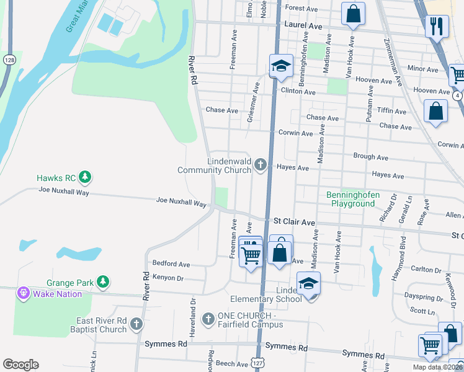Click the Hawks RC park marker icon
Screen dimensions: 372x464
pyautogui.click(x=85, y=178)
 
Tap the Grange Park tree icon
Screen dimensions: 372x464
pyautogui.click(x=102, y=283)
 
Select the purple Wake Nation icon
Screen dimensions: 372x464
pyautogui.click(x=24, y=292)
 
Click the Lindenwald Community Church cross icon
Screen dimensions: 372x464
pyautogui.click(x=261, y=164)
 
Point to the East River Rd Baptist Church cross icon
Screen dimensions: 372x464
pyautogui.click(x=136, y=324)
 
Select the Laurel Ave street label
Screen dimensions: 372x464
pyautogui.click(x=303, y=27)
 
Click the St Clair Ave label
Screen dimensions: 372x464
pyautogui.click(x=296, y=221)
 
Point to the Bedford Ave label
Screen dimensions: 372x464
pyautogui.click(x=171, y=264)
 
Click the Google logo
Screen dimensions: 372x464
pyautogui.click(x=20, y=365)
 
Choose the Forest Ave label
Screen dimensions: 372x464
pyautogui.click(x=301, y=9)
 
